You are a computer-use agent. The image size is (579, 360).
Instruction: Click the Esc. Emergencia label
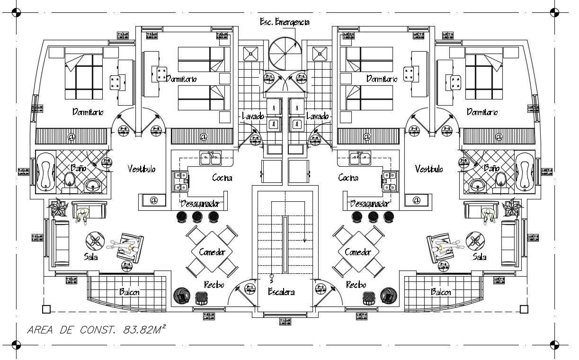tap(285, 22)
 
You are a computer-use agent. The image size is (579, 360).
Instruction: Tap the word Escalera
tap(281, 292)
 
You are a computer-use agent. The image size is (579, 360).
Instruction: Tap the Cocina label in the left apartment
tap(222, 178)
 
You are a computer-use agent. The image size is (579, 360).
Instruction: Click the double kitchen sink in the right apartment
tap(360, 158)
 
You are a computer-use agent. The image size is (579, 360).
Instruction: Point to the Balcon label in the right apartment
tap(441, 292)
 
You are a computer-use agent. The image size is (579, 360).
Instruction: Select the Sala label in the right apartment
tap(480, 257)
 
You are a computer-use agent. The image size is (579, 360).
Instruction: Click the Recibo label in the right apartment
tap(356, 285)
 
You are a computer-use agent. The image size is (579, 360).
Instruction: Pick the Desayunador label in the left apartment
tap(200, 204)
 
